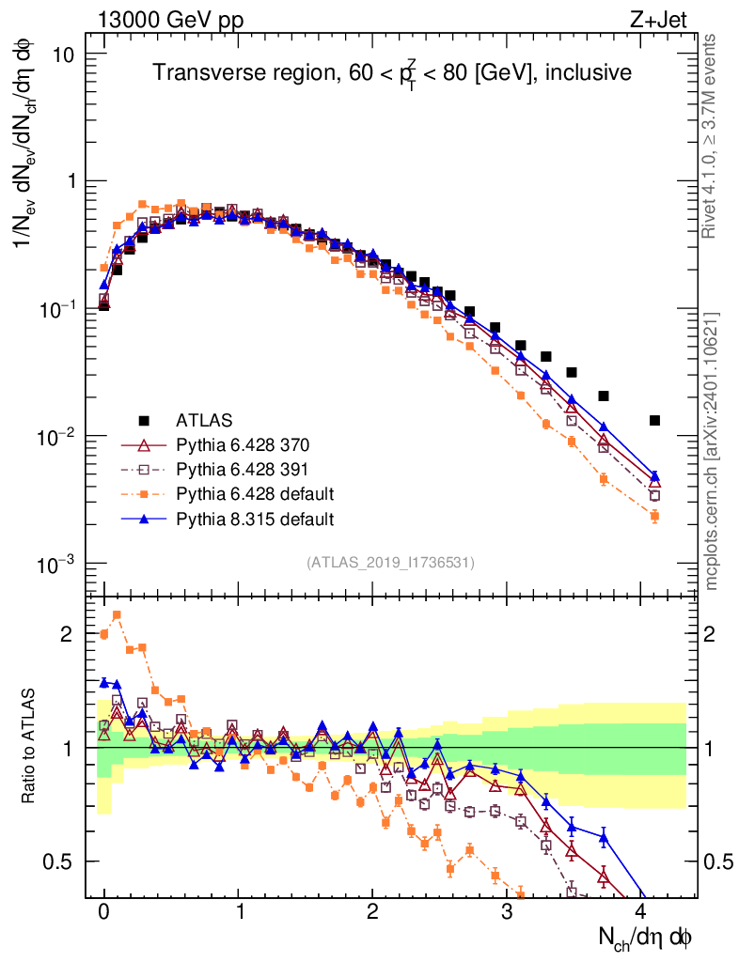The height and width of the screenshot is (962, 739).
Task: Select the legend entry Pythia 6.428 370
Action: click(242, 444)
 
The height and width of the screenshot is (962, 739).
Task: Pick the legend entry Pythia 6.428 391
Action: click(242, 469)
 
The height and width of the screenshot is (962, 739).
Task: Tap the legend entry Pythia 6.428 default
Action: click(254, 493)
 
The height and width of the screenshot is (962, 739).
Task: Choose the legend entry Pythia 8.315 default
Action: click(254, 518)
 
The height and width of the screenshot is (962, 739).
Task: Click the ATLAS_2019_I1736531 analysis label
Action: click(390, 563)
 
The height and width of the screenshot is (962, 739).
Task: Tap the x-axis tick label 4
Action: click(641, 912)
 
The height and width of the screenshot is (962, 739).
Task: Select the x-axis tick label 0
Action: click(104, 912)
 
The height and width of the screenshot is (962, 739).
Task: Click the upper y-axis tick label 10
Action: click(64, 54)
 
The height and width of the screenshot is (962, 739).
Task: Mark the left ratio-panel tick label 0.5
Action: click(59, 861)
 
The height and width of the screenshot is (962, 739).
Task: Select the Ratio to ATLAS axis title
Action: click(30, 745)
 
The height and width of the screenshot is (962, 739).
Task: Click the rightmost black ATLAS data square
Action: click(654, 420)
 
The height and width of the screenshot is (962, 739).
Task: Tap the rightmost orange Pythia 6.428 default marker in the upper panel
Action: click(654, 516)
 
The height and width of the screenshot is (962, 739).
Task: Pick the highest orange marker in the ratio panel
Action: click(118, 614)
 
